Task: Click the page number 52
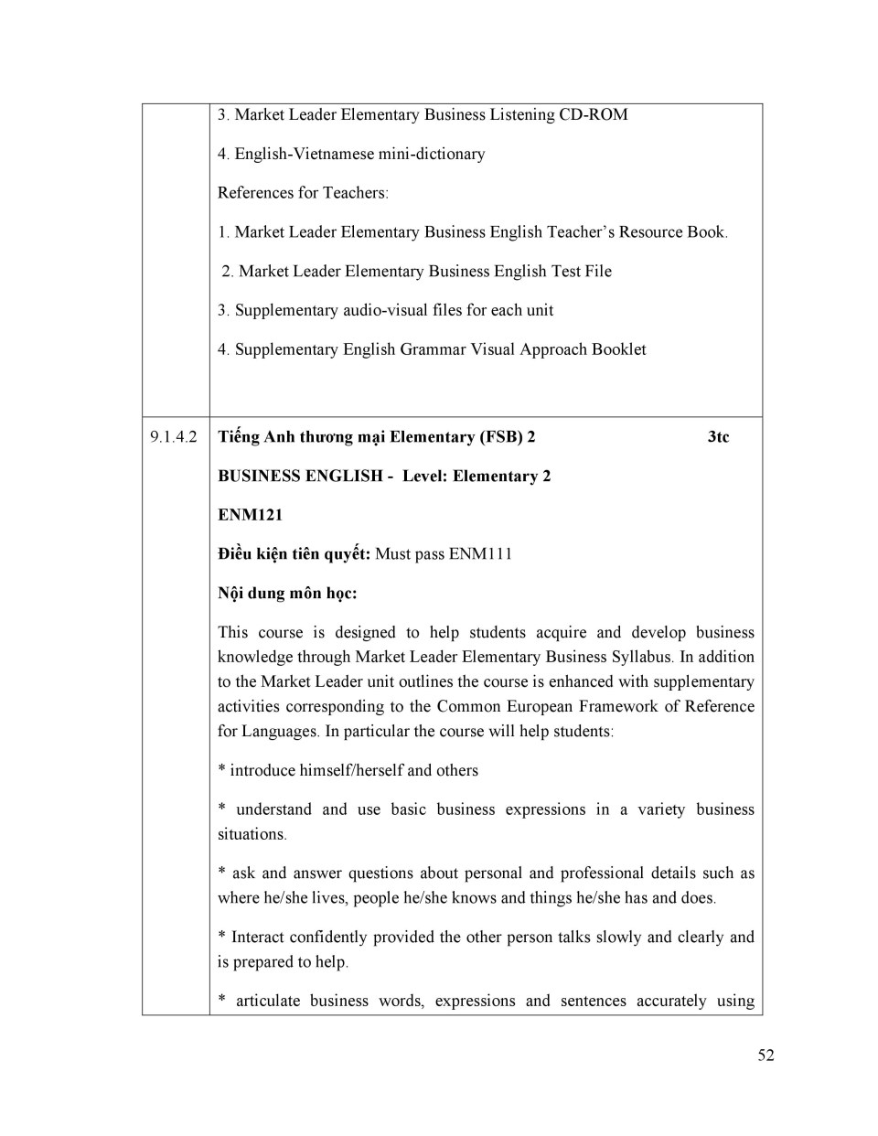[766, 1056]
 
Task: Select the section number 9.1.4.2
[174, 437]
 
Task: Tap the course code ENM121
[250, 515]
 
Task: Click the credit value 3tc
[718, 437]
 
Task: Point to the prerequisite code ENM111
[480, 554]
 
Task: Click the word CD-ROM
[594, 115]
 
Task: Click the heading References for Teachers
[302, 193]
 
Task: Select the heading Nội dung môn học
[287, 594]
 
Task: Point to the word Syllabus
[640, 657]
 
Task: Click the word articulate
[268, 1001]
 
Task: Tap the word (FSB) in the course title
[501, 437]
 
